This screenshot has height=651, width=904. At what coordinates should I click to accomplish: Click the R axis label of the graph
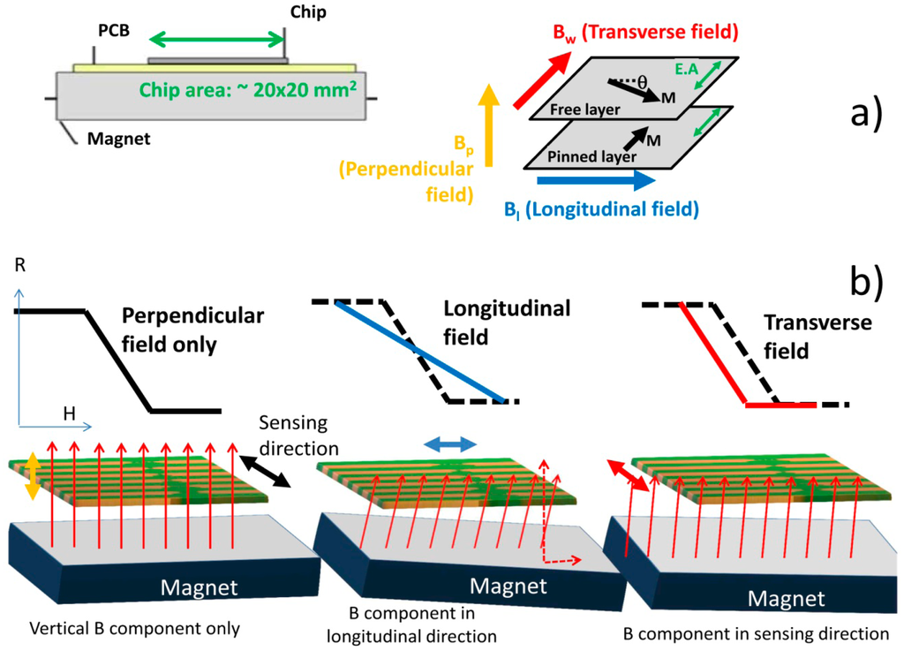click(x=19, y=266)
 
